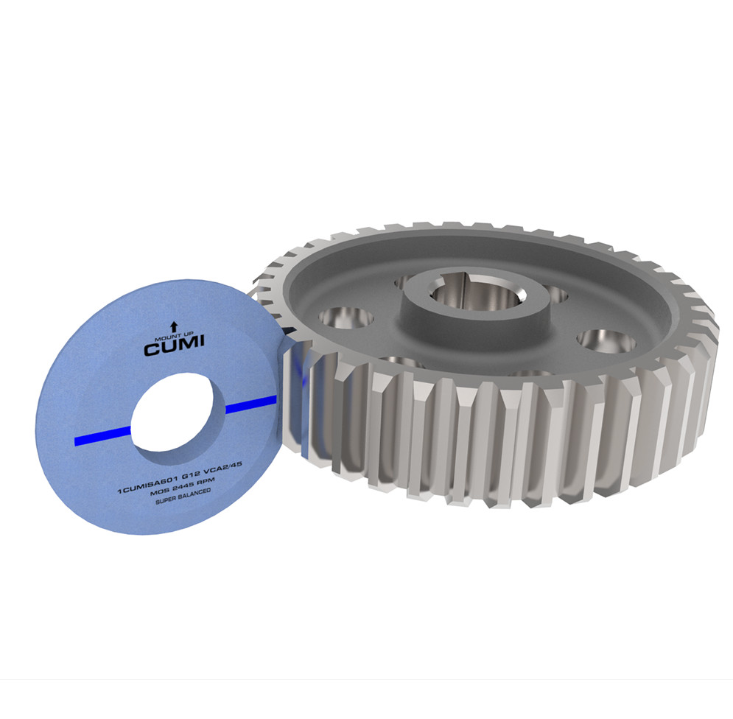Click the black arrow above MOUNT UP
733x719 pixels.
tap(174, 325)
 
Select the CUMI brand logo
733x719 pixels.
tap(174, 348)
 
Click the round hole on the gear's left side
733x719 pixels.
tap(346, 319)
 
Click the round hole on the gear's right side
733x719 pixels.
tap(606, 340)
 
